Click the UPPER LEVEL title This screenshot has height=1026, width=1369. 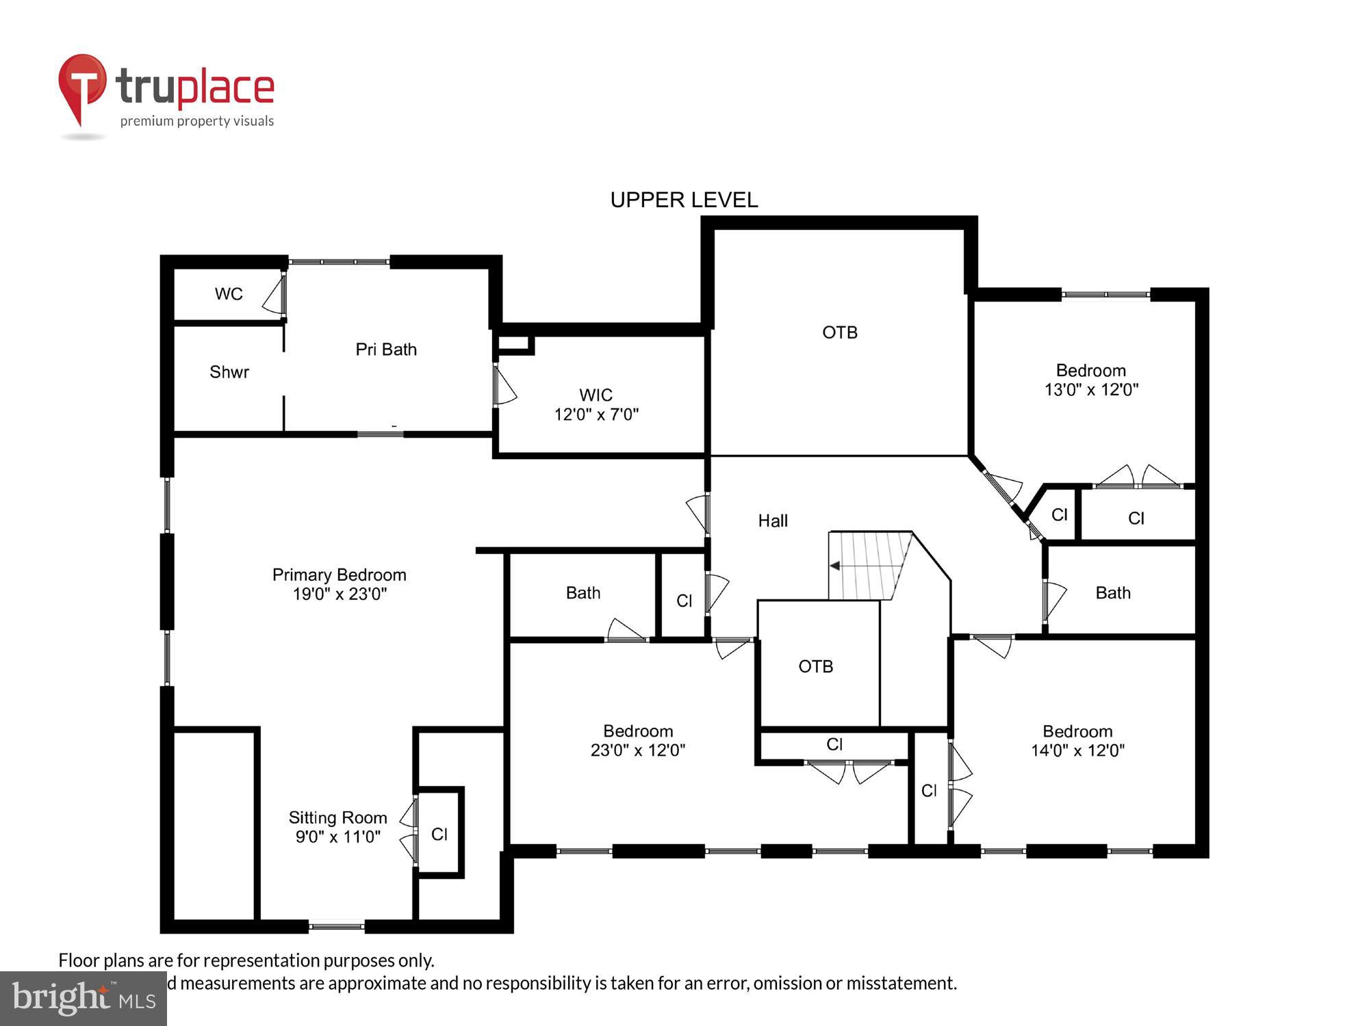point(684,200)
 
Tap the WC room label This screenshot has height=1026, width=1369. point(229,294)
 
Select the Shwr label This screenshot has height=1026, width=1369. point(229,372)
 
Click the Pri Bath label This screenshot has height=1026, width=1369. point(386,350)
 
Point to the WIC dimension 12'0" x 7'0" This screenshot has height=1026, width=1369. point(596,415)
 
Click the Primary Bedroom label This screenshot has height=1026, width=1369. point(340,575)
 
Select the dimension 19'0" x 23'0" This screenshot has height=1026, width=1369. point(340,594)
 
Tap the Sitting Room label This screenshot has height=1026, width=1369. point(337,817)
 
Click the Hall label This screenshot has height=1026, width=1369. point(773,521)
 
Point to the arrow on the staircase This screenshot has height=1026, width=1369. point(835,566)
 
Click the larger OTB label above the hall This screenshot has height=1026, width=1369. point(840,332)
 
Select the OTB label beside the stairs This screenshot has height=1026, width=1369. point(816,666)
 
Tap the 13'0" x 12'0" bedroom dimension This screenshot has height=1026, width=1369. point(1091,390)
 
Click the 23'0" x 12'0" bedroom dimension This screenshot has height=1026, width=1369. point(637,750)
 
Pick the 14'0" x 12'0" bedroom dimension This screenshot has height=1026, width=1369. point(1077,750)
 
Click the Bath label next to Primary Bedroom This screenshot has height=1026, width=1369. point(583,593)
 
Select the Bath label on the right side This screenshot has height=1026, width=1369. point(1113,593)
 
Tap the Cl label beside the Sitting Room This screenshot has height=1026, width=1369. point(439,834)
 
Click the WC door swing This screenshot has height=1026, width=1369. point(274,295)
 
